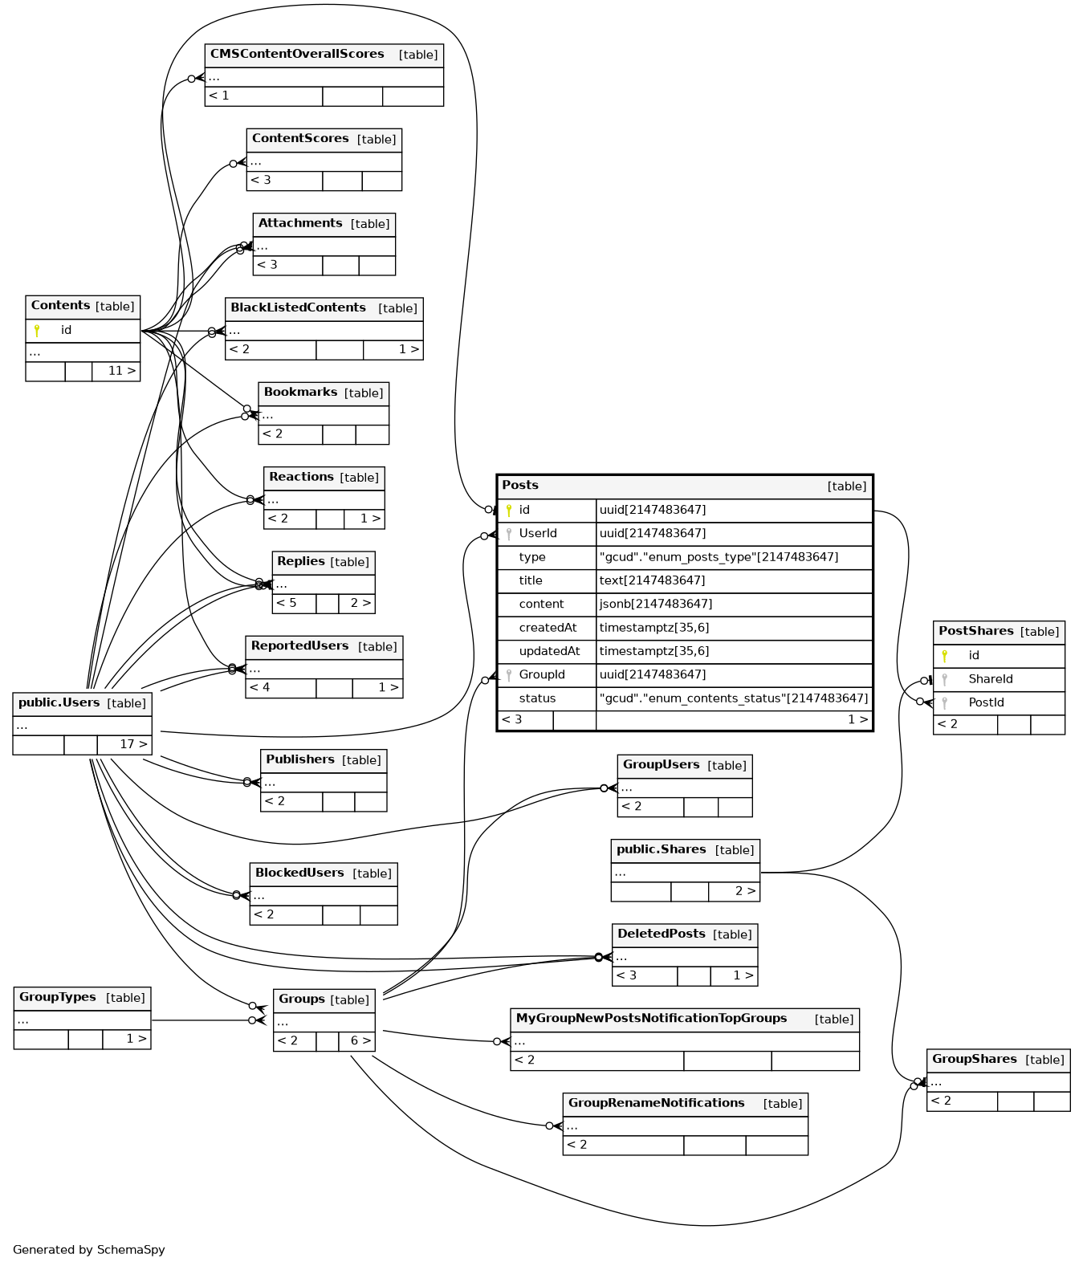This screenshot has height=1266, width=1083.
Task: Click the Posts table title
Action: click(520, 485)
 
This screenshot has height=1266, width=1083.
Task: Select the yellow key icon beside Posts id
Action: click(509, 510)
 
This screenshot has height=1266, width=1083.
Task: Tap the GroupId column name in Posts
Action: click(541, 674)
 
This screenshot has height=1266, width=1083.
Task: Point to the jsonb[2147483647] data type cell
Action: click(655, 604)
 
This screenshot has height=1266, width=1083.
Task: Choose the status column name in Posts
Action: click(537, 698)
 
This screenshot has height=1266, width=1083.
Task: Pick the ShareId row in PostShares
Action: click(990, 679)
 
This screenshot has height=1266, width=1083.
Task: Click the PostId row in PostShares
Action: click(986, 702)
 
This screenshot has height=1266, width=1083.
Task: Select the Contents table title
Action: click(60, 306)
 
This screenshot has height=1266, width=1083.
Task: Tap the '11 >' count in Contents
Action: click(121, 371)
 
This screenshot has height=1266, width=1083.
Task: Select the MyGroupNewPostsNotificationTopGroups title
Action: click(651, 1018)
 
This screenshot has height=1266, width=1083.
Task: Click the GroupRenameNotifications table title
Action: click(656, 1103)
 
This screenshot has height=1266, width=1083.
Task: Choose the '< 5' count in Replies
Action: click(287, 603)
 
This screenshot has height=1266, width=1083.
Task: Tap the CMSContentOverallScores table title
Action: click(297, 54)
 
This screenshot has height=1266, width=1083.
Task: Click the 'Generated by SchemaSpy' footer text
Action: click(88, 1249)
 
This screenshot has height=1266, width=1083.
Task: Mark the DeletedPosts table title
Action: click(661, 934)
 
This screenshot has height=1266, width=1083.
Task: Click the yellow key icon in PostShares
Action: click(944, 656)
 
